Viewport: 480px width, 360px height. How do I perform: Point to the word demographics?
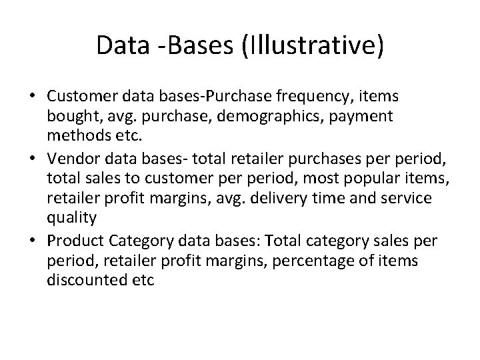click(257, 116)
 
